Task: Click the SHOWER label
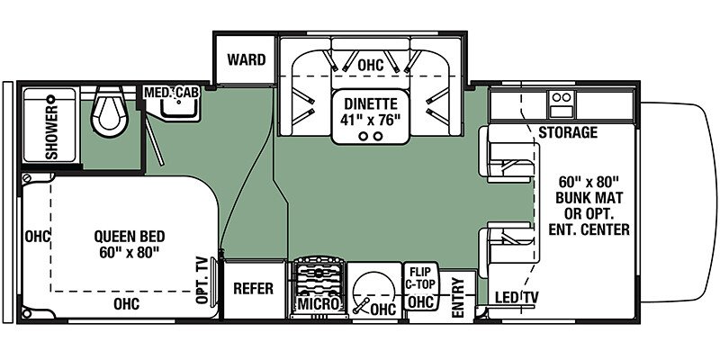point(52,132)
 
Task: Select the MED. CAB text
point(172,93)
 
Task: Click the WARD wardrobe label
point(246,59)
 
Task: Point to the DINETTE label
point(371,103)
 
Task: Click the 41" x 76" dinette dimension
point(371,120)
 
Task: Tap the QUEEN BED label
point(129,237)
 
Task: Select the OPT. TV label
point(202,280)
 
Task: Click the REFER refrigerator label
point(253,288)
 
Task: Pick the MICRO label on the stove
point(319,303)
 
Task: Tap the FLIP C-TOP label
point(421,278)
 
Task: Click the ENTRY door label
point(458,298)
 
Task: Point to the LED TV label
point(516,298)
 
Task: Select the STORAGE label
point(568,132)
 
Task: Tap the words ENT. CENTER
point(589,229)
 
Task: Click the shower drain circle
point(50,98)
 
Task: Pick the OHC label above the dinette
point(371,66)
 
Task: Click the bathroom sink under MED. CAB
point(180,109)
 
